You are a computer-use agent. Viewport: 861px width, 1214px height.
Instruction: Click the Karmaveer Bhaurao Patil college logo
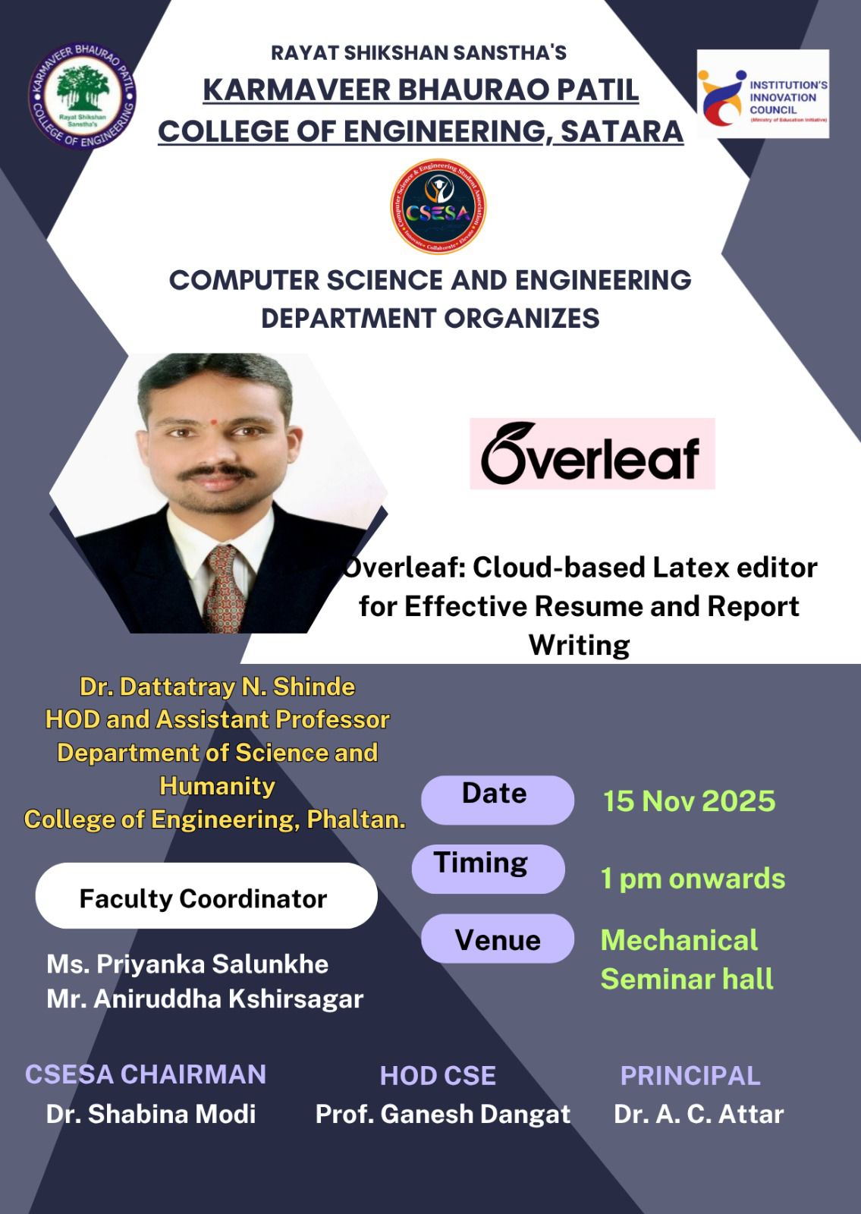coord(83,96)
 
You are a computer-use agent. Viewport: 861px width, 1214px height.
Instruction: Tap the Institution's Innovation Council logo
coord(763,94)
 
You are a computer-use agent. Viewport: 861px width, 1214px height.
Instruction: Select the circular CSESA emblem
coord(438,206)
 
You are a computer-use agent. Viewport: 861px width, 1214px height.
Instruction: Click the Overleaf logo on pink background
coord(592,454)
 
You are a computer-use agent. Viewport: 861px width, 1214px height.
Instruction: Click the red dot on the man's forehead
coord(214,421)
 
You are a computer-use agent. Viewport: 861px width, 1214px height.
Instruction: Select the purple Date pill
coord(498,800)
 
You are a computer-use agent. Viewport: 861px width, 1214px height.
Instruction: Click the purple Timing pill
coord(489,869)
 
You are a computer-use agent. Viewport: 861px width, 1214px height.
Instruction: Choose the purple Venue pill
coord(498,939)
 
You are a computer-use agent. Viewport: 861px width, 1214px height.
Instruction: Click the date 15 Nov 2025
coord(690,801)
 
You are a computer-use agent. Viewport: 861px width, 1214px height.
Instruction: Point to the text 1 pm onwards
coord(693,879)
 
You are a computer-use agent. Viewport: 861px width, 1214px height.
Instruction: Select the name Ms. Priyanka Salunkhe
coord(187,964)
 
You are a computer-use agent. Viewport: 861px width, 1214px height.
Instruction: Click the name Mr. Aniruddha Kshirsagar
coord(205,999)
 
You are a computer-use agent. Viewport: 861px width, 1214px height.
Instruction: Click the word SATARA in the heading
coord(622,132)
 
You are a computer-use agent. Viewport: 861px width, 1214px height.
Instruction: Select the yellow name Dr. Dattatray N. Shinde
coord(217,687)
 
